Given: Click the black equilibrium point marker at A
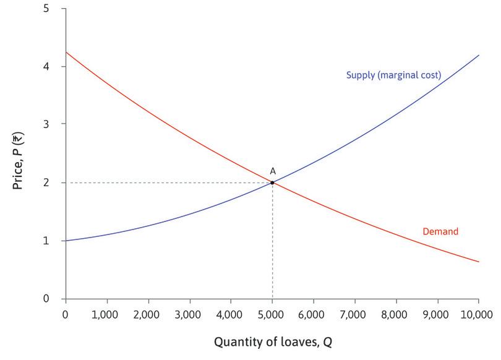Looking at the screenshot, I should click(272, 182).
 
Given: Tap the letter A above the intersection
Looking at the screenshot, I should click(272, 170).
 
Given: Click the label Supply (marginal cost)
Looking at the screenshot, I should click(393, 75).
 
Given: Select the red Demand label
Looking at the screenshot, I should click(440, 232).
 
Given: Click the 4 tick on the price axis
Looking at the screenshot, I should click(47, 66).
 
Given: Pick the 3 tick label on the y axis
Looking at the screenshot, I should click(47, 124).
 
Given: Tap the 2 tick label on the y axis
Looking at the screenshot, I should click(47, 182).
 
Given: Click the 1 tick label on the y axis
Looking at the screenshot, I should click(47, 241).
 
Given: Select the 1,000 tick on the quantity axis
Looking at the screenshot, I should click(106, 314).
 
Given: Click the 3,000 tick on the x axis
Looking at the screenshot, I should click(189, 314).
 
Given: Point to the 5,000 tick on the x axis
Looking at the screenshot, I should click(272, 314).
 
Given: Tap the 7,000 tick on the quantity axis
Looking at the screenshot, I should click(355, 314).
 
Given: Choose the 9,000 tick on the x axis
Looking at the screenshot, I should click(438, 314).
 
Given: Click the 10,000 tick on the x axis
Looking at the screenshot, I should click(477, 314).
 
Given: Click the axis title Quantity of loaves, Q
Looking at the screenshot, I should click(272, 341).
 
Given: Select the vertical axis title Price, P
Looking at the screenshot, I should click(19, 155).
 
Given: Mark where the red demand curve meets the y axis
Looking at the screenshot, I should click(65, 52).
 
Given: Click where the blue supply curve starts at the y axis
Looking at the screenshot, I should click(65, 241).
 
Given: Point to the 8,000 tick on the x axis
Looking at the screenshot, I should click(396, 314).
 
